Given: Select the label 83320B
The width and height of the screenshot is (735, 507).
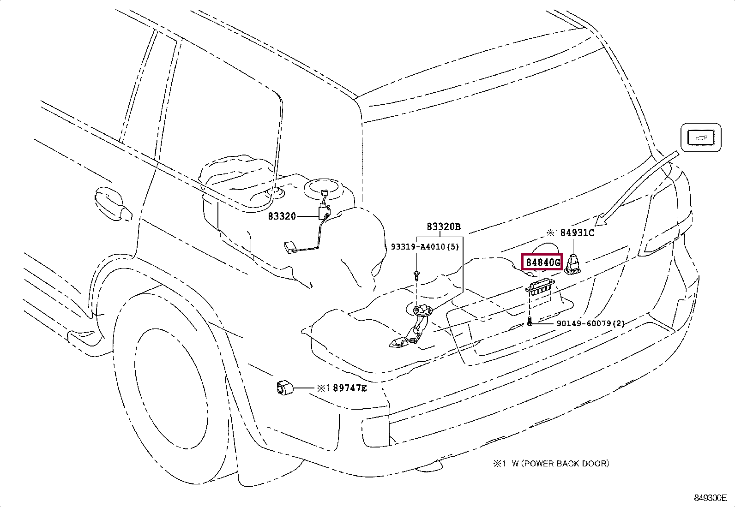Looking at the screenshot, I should [443, 227].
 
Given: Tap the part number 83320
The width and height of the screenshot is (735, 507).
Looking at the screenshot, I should [281, 216].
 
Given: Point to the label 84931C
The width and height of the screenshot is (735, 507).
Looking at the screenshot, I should [577, 233].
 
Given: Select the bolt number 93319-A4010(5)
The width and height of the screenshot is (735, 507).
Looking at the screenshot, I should [425, 247].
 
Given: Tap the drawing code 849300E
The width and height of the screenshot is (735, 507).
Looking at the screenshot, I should [710, 498].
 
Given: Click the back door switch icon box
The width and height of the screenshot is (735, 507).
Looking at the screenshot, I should [701, 137].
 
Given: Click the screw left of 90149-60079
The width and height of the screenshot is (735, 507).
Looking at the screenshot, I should [530, 324].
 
